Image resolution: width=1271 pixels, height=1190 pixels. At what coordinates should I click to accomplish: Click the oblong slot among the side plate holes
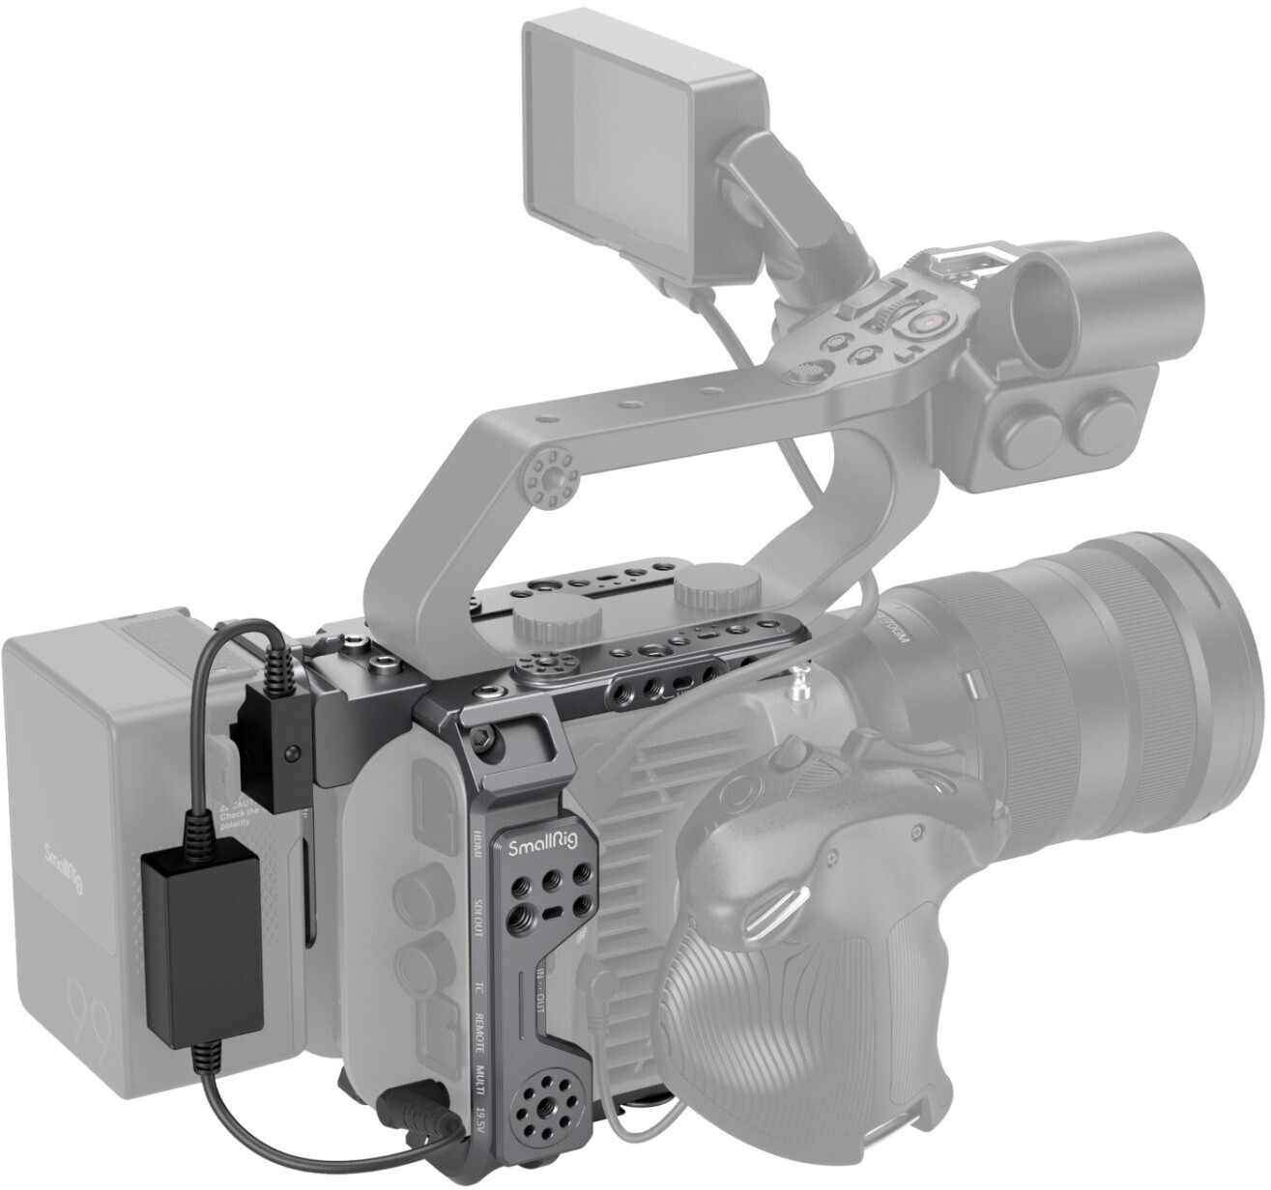[x=553, y=912]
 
